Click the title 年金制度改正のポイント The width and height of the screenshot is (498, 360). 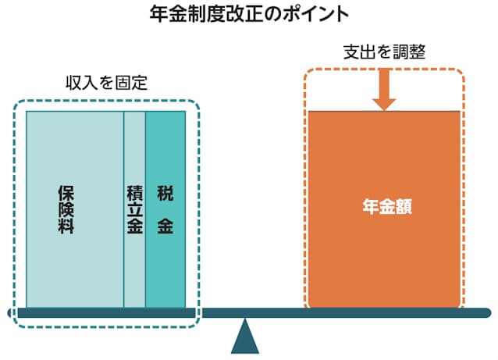[249, 14]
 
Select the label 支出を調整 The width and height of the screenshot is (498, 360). [384, 54]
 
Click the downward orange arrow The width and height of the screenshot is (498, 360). [384, 91]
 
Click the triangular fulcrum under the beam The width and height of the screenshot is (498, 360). [245, 337]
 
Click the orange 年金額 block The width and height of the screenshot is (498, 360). [384, 258]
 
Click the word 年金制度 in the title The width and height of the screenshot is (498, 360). [176, 14]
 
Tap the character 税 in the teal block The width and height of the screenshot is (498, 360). [165, 192]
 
